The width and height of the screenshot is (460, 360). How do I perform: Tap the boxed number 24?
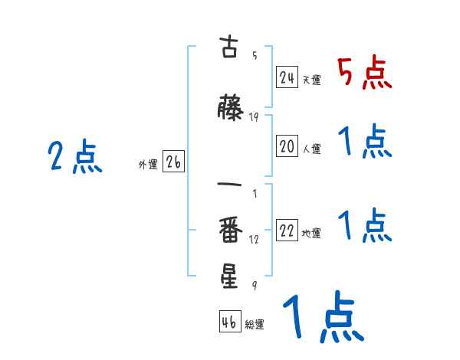[287, 77]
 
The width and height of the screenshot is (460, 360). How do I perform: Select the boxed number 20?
[287, 147]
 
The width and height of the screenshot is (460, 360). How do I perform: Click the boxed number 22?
[287, 231]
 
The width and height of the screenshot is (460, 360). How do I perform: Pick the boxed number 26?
[173, 162]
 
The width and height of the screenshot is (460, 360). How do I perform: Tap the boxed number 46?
[229, 322]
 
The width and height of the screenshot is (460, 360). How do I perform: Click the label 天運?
[311, 80]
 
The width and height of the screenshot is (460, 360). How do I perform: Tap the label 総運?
[255, 325]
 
